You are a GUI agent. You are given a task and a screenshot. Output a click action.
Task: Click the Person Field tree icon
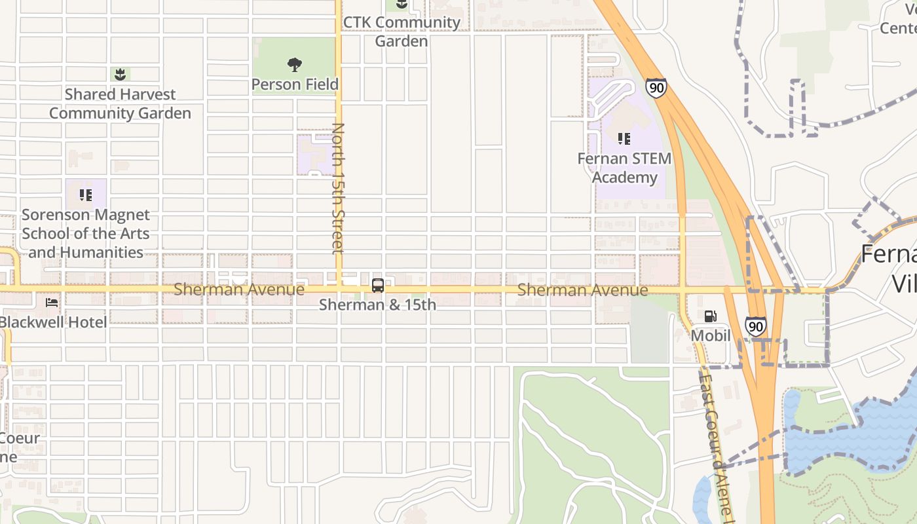click(295, 64)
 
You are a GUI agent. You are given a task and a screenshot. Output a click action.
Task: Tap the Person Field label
click(295, 84)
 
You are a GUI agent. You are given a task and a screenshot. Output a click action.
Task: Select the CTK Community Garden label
click(402, 31)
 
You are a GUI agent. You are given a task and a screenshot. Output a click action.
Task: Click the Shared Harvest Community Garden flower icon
click(120, 74)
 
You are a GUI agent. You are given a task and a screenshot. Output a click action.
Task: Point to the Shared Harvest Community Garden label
click(120, 104)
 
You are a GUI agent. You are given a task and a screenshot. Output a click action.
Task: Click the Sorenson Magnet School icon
click(86, 195)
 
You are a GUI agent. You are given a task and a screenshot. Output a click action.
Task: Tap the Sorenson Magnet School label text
click(86, 234)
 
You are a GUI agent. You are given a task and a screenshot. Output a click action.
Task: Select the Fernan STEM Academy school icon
click(624, 138)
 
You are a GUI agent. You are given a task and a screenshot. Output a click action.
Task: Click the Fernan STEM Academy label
click(624, 168)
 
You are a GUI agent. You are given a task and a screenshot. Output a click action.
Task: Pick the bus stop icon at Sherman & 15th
click(378, 285)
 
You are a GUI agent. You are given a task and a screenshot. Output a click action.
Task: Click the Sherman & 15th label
click(378, 305)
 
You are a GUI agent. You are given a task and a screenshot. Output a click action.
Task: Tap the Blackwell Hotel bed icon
click(52, 302)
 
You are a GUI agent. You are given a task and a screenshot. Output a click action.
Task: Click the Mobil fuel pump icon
click(710, 316)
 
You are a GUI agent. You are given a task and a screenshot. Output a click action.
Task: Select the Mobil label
click(711, 336)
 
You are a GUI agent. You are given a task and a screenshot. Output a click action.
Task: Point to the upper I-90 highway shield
click(656, 87)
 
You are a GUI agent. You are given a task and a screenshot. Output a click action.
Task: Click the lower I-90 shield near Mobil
click(755, 326)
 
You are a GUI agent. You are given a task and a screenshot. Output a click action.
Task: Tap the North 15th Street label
click(338, 188)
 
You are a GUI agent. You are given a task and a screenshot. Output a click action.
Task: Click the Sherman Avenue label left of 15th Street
click(239, 290)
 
